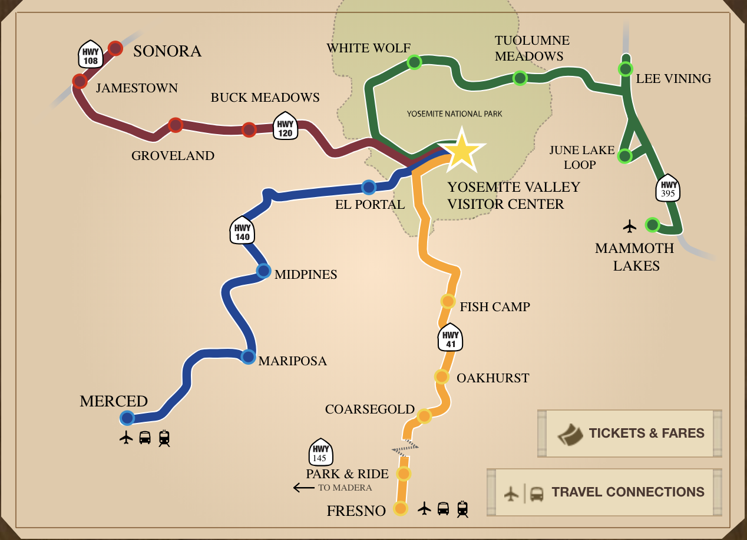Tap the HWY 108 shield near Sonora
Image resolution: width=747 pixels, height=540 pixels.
[91, 54]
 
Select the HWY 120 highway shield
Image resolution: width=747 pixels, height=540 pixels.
[285, 125]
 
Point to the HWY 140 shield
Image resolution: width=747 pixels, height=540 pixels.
[243, 230]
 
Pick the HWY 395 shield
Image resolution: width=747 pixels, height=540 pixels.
[668, 188]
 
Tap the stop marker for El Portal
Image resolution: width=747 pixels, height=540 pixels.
[369, 187]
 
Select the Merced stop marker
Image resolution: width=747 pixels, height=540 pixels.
[127, 418]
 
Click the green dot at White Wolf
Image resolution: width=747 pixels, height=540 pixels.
[414, 62]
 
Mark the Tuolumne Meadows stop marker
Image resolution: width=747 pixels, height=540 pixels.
[520, 78]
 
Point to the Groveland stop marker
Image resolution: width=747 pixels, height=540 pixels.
[176, 125]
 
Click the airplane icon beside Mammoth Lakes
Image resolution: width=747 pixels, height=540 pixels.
[630, 225]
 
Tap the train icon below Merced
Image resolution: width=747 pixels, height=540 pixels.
[164, 438]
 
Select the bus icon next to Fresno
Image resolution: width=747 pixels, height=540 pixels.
[443, 508]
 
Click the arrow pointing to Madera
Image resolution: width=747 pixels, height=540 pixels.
[303, 487]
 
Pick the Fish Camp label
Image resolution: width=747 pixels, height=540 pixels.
[494, 306]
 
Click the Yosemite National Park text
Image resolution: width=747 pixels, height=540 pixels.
[454, 114]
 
